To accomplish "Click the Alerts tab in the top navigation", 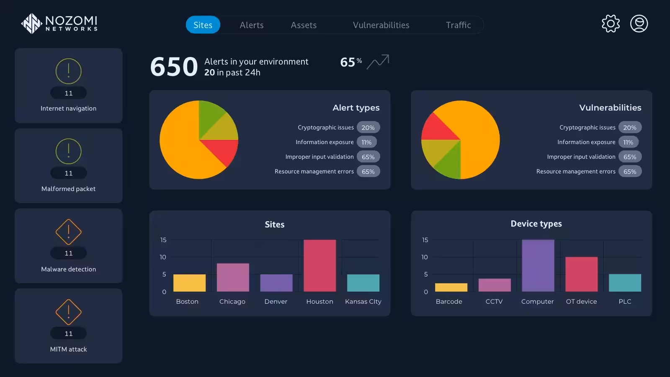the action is [252, 25].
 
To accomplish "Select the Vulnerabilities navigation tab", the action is [381, 25].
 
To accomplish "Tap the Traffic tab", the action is [458, 25].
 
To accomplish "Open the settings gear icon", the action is [611, 23].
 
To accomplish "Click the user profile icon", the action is [639, 23].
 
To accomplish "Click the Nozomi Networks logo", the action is [59, 23].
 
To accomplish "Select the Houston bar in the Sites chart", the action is [320, 266].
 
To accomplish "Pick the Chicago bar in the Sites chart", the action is [233, 277].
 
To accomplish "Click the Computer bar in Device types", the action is [538, 266].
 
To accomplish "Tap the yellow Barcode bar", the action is [451, 287].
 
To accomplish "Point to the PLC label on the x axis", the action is [625, 301].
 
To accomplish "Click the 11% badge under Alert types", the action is [366, 142].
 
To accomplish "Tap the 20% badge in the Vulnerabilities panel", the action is [630, 127].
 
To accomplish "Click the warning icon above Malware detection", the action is [69, 232].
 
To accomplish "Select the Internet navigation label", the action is [69, 108].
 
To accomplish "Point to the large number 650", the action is [174, 67].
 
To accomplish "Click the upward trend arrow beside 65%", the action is [378, 62].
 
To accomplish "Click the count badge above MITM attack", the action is [69, 333].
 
